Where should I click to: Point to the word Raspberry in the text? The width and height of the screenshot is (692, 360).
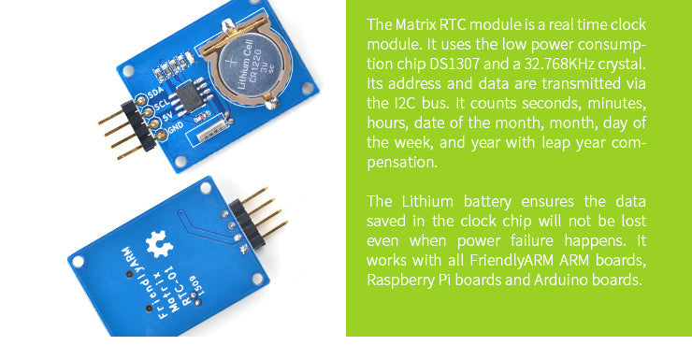400,280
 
